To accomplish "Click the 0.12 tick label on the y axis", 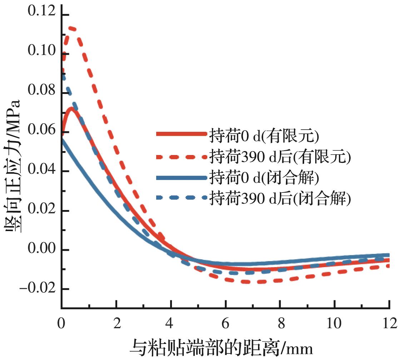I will [41, 12].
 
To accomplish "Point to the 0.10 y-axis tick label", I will [41, 51].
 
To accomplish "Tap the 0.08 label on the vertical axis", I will [41, 91].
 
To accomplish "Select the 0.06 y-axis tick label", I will [41, 130].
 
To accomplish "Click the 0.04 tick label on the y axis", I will [41, 169].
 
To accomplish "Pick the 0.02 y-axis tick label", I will [41, 208].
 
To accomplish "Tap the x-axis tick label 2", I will [117, 324].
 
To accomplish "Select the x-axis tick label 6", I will [226, 324].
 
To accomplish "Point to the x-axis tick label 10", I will [335, 324].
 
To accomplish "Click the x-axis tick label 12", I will [389, 324].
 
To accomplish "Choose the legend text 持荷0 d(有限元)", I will [263, 135].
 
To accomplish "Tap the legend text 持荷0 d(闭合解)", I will [263, 177].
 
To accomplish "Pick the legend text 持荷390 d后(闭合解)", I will [279, 198].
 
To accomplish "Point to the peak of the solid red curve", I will [71, 108].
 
